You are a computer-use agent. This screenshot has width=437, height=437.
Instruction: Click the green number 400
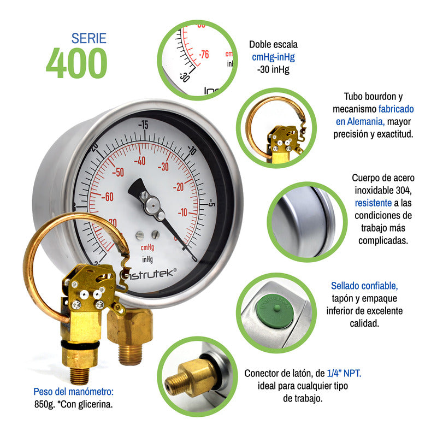tap(76, 63)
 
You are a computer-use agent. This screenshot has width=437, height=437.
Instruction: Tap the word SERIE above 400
tap(89, 38)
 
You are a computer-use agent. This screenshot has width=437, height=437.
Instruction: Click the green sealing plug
tap(275, 312)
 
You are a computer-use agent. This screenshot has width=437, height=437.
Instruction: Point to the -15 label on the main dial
tap(143, 125)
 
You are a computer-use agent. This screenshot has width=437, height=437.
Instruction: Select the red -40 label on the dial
tap(140, 161)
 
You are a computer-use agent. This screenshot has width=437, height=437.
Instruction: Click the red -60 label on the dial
tap(107, 197)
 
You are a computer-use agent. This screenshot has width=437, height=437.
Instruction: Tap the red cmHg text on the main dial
tap(147, 247)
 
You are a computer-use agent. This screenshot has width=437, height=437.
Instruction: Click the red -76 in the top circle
tap(204, 54)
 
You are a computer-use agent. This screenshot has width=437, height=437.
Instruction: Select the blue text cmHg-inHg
tap(273, 57)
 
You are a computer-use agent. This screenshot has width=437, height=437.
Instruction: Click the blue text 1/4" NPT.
tap(344, 373)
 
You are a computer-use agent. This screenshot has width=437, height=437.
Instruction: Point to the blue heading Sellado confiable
tap(364, 286)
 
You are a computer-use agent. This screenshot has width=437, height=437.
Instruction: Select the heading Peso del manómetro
tap(74, 392)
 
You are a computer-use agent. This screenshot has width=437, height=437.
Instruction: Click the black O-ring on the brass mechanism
tap(80, 345)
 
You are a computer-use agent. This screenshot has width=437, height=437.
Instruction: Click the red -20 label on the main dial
tap(179, 187)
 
